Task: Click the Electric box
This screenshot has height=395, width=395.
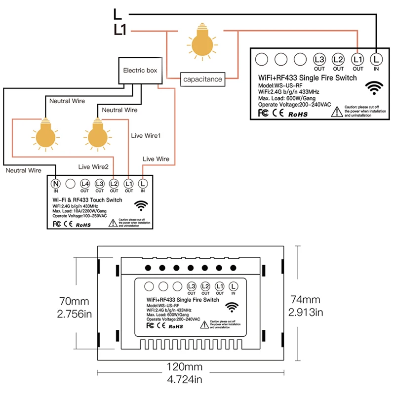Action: (140, 71)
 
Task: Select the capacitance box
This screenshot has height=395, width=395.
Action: (202, 79)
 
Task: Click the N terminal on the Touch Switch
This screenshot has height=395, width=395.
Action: (56, 184)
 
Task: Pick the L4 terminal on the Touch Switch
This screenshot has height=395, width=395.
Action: (85, 184)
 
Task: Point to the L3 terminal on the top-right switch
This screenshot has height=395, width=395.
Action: (319, 60)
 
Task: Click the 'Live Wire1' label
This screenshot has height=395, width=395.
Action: (146, 135)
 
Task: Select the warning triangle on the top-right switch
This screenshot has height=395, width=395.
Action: (336, 112)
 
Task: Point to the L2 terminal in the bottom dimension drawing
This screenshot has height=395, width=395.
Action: (205, 286)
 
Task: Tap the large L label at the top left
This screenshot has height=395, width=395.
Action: (117, 13)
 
